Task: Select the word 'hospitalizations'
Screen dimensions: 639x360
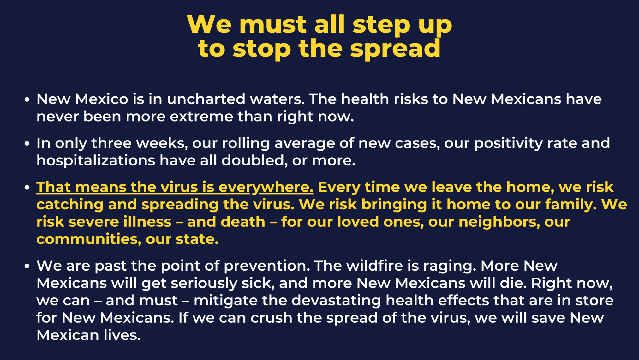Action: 96,161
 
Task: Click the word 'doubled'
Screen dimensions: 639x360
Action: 254,161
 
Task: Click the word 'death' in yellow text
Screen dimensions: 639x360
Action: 243,222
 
